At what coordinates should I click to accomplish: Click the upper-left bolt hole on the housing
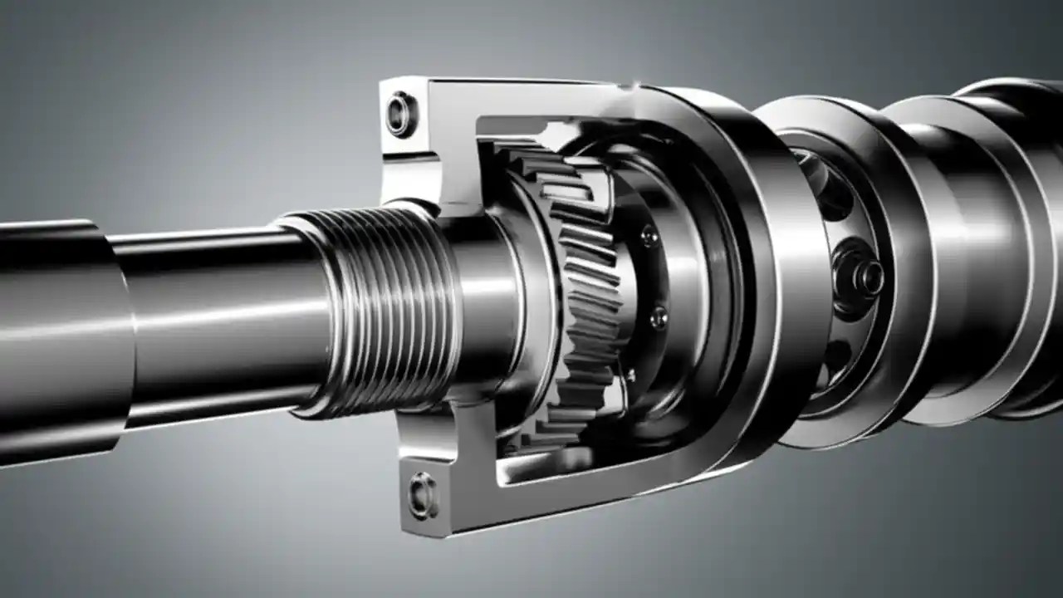[402, 115]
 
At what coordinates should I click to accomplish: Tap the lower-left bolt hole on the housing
[422, 495]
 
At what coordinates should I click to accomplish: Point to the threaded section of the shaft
[386, 311]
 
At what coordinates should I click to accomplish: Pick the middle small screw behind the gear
[659, 316]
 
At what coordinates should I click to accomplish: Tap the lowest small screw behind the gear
[632, 375]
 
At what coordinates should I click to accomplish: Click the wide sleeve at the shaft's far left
[58, 341]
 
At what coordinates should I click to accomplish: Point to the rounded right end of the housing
[789, 274]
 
